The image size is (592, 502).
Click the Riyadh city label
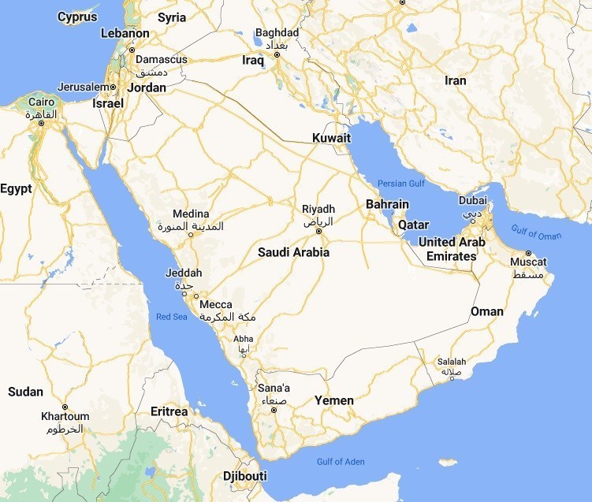pyautogui.click(x=318, y=209)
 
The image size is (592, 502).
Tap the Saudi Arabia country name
pyautogui.click(x=293, y=253)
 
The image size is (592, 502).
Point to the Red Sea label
pyautogui.click(x=172, y=317)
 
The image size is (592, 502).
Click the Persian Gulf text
pyautogui.click(x=400, y=184)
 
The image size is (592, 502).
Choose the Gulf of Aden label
pyautogui.click(x=341, y=461)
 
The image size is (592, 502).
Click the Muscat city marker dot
pyautogui.click(x=528, y=253)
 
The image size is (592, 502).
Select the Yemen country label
pyautogui.click(x=334, y=400)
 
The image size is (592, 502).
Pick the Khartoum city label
pyautogui.click(x=65, y=416)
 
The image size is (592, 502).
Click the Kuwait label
pyautogui.click(x=331, y=138)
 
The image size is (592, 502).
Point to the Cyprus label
pyautogui.click(x=78, y=17)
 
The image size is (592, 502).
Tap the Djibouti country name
pyautogui.click(x=244, y=476)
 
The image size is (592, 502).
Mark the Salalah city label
pyautogui.click(x=451, y=362)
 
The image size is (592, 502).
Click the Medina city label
pyautogui.click(x=192, y=214)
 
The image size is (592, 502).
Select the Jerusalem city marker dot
pyautogui.click(x=113, y=87)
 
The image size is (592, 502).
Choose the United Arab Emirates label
pyautogui.click(x=451, y=249)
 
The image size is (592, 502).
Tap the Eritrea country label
pyautogui.click(x=169, y=411)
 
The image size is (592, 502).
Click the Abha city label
pyautogui.click(x=244, y=339)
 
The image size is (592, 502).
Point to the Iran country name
pyautogui.click(x=455, y=80)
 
